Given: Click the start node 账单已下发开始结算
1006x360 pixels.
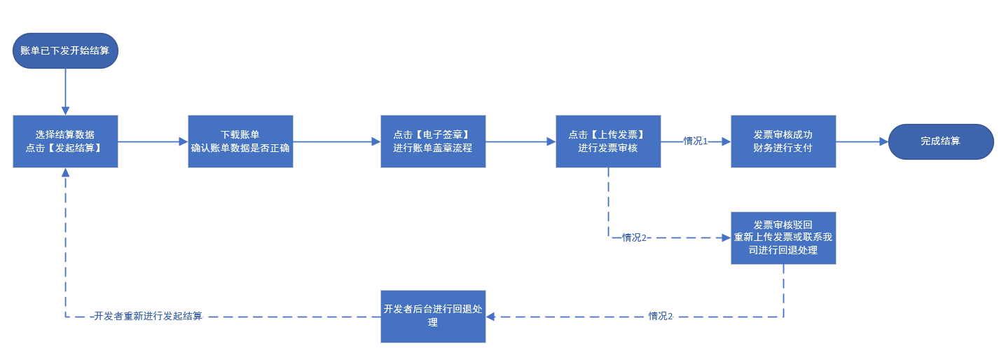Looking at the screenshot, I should (65, 50).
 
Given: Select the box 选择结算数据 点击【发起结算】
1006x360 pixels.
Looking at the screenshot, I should (65, 141).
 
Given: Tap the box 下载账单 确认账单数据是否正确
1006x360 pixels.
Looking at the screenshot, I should (240, 141).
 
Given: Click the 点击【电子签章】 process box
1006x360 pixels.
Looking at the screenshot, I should (433, 141).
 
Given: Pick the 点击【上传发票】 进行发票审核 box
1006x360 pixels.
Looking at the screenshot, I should (608, 141).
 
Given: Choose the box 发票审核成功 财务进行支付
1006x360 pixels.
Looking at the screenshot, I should (783, 141).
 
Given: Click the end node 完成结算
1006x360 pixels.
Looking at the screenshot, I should (941, 141).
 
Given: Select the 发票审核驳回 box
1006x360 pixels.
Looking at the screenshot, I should (783, 237).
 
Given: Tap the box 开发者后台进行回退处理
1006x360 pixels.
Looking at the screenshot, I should (433, 316).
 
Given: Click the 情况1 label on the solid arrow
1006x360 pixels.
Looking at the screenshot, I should (696, 141).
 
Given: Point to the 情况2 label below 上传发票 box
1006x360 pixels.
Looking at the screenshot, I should (634, 237).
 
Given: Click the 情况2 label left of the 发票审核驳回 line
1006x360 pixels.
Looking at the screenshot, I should (661, 316).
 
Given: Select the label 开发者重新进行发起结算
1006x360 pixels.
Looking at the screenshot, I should (149, 316).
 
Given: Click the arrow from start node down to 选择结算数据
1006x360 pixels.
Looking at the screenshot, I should (65, 92).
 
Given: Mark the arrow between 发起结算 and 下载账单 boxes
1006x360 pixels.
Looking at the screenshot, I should (153, 141).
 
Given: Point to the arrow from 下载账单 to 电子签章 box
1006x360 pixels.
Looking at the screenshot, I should (336, 141).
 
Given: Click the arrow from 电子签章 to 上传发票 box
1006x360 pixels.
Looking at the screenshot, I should (521, 141).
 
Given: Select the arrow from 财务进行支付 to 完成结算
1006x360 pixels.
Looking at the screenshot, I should (862, 141).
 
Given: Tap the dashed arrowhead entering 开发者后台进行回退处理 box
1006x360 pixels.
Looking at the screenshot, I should (490, 316).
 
